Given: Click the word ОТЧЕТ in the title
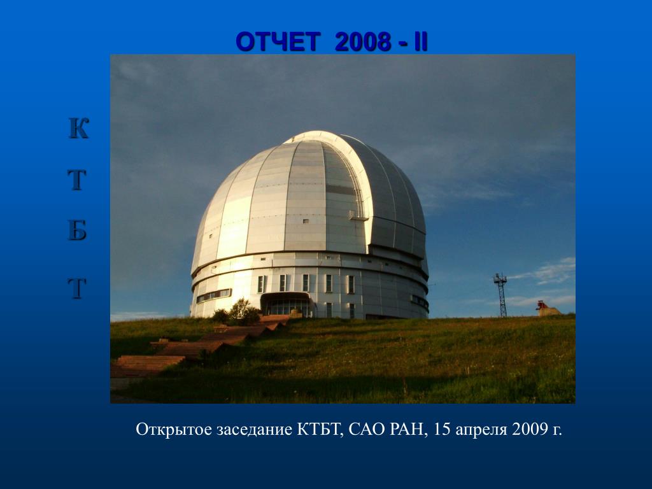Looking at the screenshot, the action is [x=278, y=42].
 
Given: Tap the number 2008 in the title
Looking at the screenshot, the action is [x=363, y=42].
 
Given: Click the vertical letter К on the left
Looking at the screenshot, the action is [x=78, y=128].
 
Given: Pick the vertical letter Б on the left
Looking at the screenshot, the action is [x=77, y=230].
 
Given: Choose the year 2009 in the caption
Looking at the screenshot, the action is [x=530, y=429].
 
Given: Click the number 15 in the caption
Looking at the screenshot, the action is [x=442, y=429].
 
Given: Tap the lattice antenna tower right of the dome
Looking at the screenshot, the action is [x=501, y=295].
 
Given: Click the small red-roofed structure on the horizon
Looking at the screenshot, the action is [x=548, y=309].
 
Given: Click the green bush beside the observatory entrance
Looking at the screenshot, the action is [x=237, y=312].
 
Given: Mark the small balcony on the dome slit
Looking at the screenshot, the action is [x=358, y=216].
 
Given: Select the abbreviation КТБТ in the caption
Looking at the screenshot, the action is [x=320, y=429].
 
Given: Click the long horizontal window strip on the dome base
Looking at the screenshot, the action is [x=214, y=295].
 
